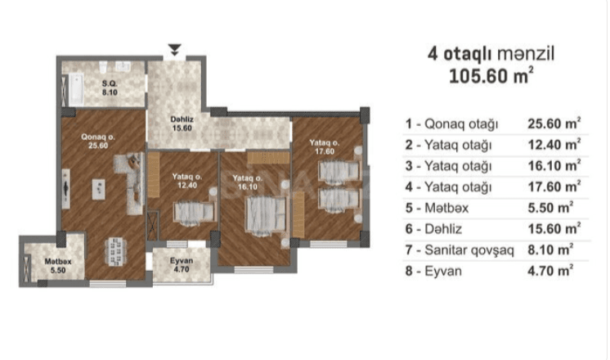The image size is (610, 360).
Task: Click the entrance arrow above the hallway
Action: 175,49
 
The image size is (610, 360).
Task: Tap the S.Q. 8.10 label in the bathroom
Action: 110,88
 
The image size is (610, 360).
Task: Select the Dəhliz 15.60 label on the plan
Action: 182,124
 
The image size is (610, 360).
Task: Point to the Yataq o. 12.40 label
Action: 187,181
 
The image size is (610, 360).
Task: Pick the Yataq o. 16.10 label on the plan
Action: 248,182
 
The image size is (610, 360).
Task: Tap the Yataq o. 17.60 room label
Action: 325,147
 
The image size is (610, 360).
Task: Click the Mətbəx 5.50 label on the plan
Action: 57,266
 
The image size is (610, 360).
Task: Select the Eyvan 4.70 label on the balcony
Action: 182,265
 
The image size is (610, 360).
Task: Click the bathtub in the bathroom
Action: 76,90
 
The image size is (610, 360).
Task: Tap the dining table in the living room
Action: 115,251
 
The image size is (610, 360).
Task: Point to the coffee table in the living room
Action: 98,190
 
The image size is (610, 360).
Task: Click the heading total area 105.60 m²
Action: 491,75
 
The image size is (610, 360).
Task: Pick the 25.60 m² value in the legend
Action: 554,124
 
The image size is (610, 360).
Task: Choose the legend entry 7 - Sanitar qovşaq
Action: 460,250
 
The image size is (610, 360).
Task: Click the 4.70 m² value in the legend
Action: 550,271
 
